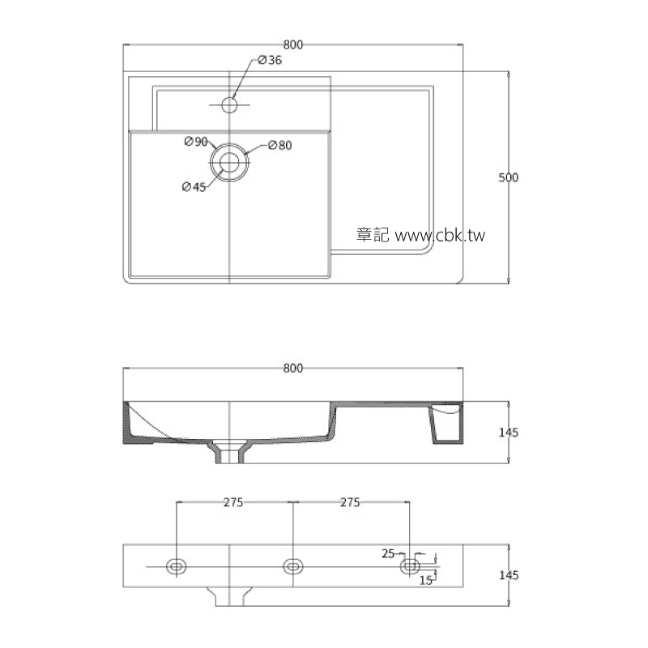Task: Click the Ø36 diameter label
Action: (270, 61)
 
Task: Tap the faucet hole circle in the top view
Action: (229, 104)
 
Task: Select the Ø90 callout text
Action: (196, 143)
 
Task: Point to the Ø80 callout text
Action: (279, 146)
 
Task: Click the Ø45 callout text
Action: (194, 187)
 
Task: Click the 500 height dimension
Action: (508, 177)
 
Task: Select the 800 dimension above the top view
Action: (293, 45)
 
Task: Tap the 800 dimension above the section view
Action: (293, 369)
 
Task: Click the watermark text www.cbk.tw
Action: (440, 236)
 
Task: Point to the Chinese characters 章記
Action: (373, 236)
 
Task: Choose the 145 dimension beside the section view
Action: (508, 433)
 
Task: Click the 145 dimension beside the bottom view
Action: (508, 575)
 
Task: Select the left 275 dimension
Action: (233, 503)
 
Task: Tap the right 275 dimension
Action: (350, 503)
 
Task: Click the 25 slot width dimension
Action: (387, 554)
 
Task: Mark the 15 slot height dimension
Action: (424, 580)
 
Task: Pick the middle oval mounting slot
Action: (293, 565)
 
